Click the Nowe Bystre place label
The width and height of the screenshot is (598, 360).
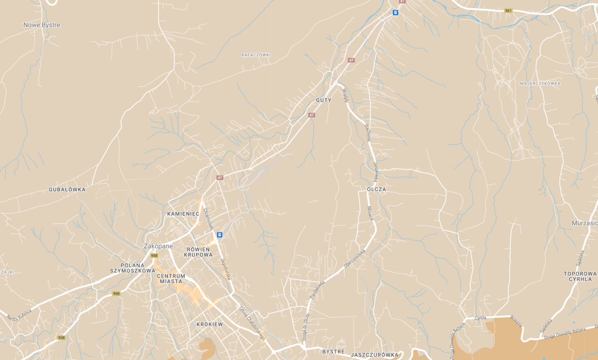(42, 25)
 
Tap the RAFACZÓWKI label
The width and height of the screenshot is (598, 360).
(256, 55)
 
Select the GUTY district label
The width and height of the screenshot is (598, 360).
(324, 100)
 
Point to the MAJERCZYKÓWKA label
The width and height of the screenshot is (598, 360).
(540, 84)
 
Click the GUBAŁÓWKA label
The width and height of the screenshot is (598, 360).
(67, 189)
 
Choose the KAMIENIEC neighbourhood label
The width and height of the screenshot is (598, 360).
(183, 213)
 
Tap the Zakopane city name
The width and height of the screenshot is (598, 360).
(158, 246)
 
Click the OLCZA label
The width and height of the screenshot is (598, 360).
(376, 189)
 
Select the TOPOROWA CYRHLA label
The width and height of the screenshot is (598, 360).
(580, 276)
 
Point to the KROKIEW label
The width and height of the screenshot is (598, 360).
(210, 324)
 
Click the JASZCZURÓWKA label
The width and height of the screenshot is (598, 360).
(374, 355)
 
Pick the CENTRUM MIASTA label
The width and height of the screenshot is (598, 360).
(171, 278)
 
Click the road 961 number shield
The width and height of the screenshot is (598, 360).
(509, 10)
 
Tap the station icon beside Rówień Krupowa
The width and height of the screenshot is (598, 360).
(220, 235)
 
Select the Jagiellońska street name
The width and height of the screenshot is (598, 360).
(226, 269)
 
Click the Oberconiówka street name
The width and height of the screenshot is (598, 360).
(355, 257)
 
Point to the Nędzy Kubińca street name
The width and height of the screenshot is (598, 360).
(19, 315)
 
